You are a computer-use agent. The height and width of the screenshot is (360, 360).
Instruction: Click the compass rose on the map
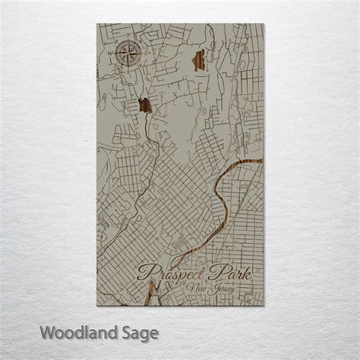(127, 55)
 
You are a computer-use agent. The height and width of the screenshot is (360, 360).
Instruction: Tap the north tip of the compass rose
(127, 44)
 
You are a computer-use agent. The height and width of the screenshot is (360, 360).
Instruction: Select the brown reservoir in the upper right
(201, 59)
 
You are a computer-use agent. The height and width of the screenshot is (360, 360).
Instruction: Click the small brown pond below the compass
(145, 106)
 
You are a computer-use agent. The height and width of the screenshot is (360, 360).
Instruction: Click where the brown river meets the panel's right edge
(262, 161)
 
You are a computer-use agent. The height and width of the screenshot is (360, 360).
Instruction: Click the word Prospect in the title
(173, 273)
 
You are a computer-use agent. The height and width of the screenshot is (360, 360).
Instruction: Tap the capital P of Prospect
(143, 273)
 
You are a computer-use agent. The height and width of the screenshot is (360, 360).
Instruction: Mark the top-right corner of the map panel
(264, 24)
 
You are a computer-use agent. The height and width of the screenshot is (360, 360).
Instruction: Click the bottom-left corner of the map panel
(97, 305)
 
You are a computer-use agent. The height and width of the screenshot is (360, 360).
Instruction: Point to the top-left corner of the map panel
(97, 24)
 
